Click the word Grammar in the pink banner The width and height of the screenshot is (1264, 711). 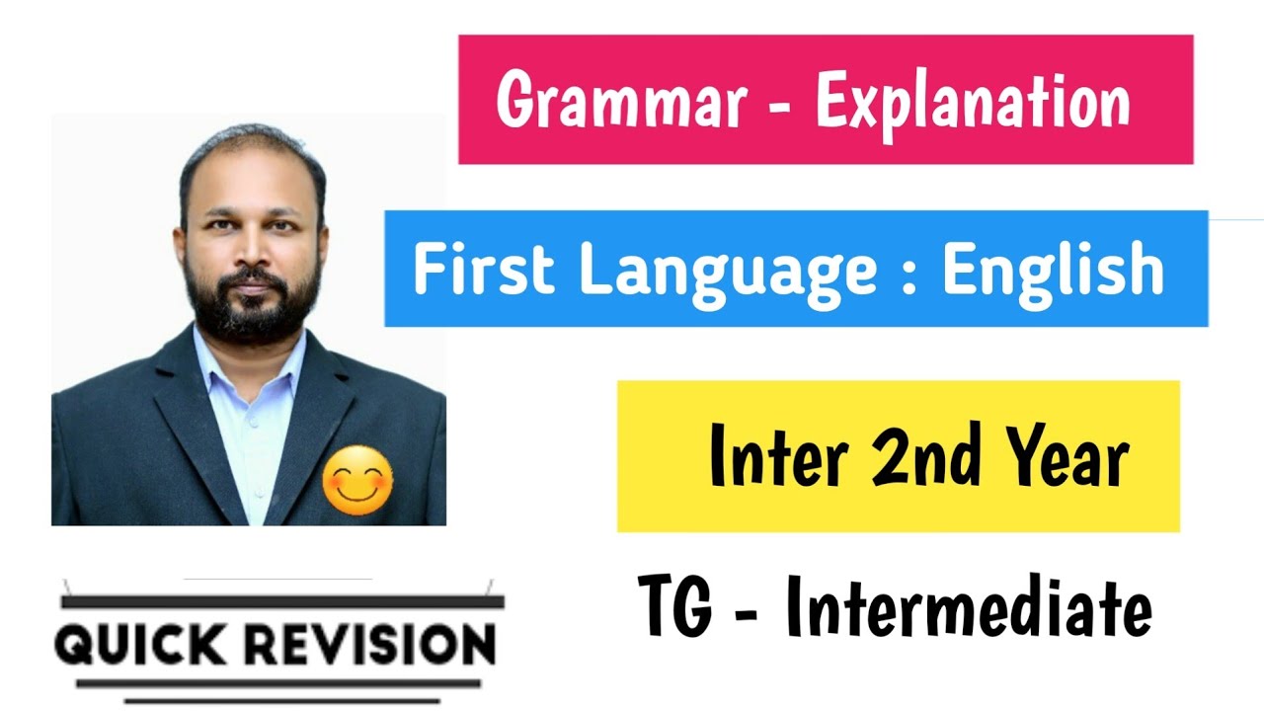pos(619,102)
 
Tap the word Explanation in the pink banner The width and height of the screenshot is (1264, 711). pos(972,102)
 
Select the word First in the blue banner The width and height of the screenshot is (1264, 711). pos(485,270)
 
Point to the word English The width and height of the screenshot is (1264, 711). pos(1053,270)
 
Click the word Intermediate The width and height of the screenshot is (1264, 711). pos(968,609)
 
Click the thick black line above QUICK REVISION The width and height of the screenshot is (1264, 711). pos(282,600)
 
